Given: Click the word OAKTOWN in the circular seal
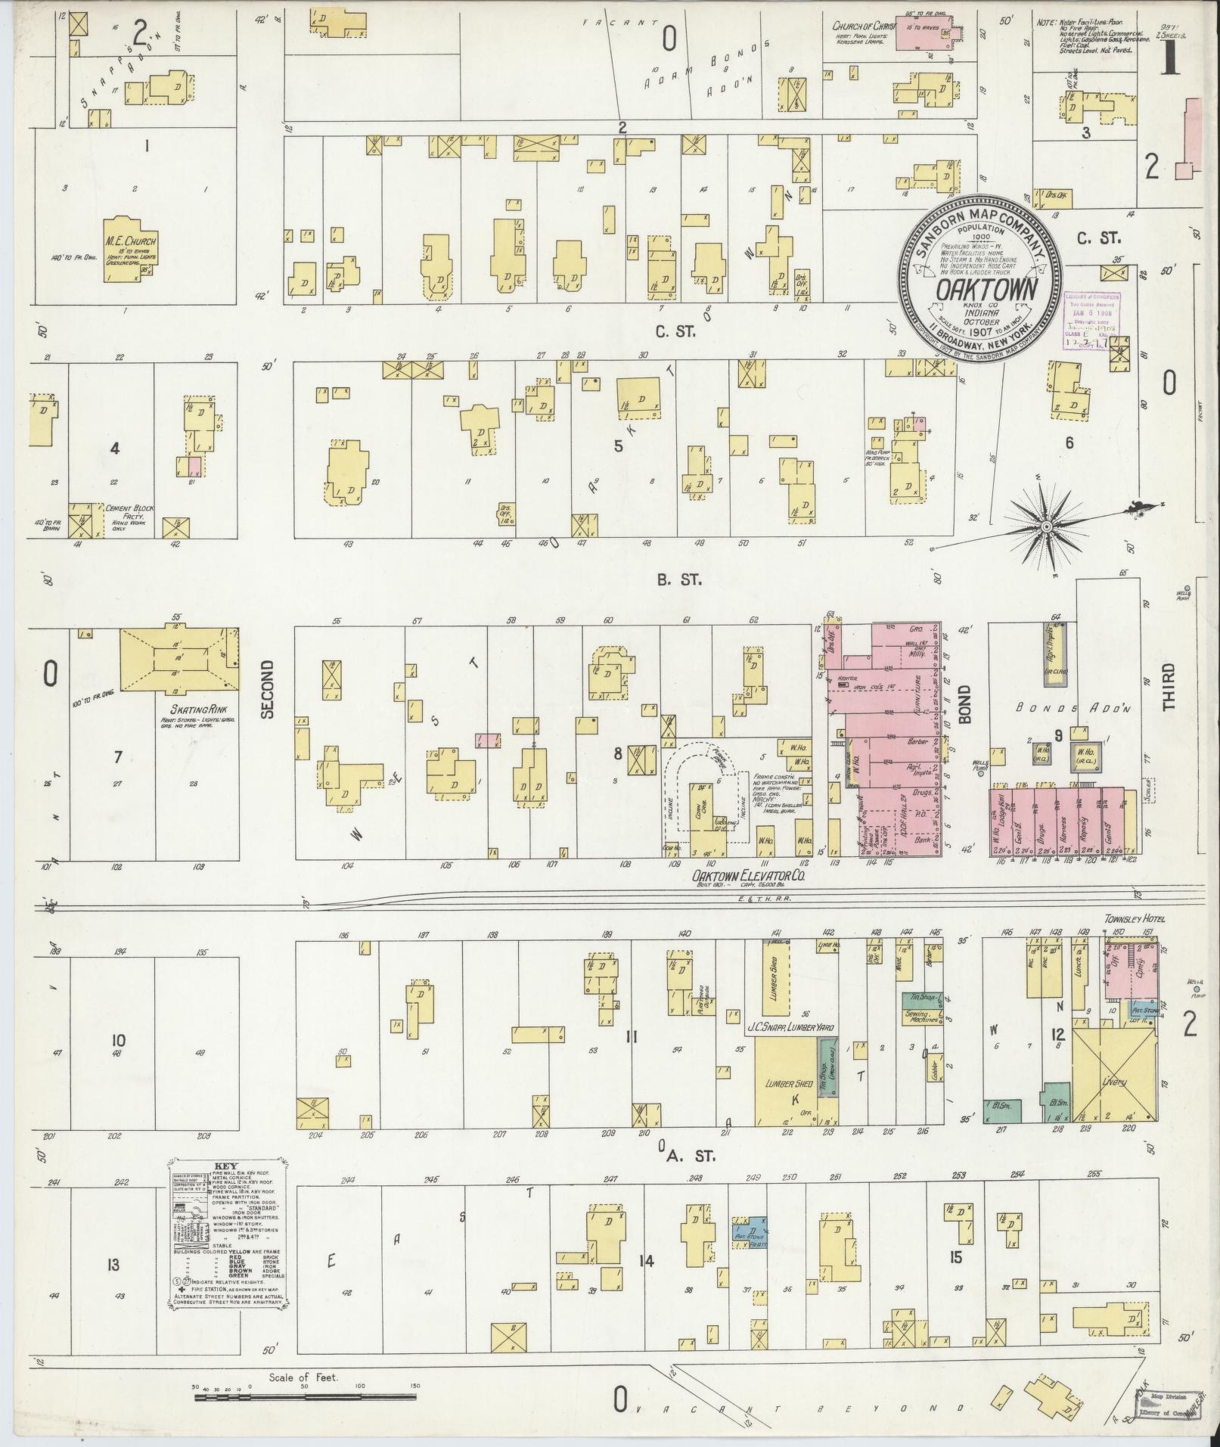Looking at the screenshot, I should [x=981, y=290].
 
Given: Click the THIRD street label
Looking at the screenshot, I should [x=1169, y=687].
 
